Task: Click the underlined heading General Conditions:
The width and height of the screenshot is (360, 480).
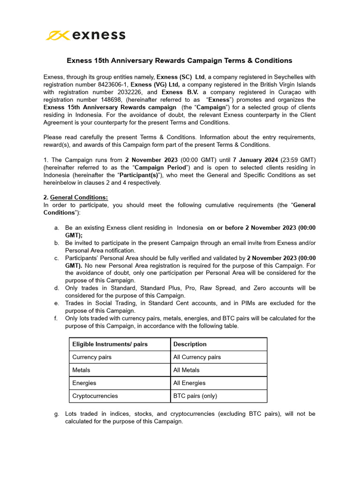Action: pos(79,197)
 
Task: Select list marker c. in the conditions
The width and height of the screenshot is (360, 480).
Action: pos(57,258)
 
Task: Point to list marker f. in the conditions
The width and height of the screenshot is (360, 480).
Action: pos(57,318)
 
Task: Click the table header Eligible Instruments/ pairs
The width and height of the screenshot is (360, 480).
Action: pos(110,344)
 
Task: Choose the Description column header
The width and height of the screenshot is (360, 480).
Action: pos(190,344)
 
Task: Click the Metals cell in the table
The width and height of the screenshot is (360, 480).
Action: pos(82,370)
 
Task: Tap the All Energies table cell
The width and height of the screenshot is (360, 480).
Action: pos(189,383)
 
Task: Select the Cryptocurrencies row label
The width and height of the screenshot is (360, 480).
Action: pos(95,396)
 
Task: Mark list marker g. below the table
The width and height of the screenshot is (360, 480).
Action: pos(57,414)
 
